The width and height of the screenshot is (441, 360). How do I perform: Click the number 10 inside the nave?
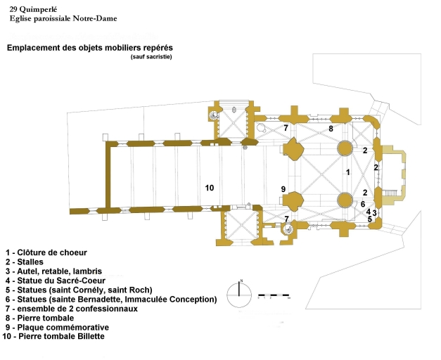tap(209, 187)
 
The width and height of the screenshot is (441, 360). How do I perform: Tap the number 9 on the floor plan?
tap(283, 189)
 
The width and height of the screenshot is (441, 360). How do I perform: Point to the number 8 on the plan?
tap(331, 129)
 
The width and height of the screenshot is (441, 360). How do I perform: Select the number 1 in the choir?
tap(347, 172)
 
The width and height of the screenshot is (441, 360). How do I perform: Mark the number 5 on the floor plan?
tap(369, 219)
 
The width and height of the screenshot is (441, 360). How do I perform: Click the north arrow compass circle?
tap(239, 290)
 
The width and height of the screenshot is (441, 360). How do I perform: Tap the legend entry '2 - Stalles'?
tap(29, 261)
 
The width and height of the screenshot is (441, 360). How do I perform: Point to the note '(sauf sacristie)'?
tap(151, 56)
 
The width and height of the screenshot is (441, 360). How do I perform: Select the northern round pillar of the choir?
tap(345, 148)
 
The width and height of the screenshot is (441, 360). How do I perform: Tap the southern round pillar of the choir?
tap(345, 199)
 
